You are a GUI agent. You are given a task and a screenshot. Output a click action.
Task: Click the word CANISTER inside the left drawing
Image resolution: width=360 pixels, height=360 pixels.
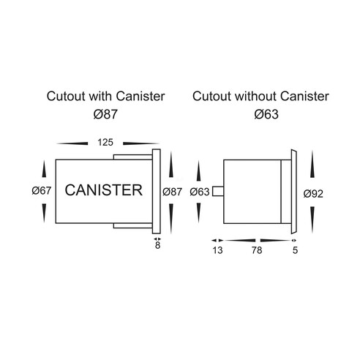coord(104,190)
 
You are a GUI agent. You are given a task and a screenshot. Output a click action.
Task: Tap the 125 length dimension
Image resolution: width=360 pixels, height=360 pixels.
coord(105,142)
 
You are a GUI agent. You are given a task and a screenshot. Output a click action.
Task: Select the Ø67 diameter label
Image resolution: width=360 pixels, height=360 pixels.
coord(42,190)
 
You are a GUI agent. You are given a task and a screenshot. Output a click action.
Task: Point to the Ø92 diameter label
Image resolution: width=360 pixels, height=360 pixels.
coord(313,194)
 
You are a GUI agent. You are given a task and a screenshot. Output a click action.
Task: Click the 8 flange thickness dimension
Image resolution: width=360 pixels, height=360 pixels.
coord(157,246)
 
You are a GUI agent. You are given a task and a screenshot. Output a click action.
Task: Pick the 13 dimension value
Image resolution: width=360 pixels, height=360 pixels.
coord(217,250)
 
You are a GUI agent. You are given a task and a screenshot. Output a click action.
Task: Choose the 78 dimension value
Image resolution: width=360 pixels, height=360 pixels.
coord(257,250)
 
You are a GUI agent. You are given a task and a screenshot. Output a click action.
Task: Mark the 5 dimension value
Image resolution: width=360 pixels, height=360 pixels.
coord(295,250)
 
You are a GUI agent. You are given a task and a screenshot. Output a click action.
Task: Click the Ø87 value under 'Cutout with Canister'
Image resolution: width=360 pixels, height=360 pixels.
coord(105,114)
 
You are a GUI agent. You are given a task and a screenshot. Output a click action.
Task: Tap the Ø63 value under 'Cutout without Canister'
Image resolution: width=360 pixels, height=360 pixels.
coord(266,114)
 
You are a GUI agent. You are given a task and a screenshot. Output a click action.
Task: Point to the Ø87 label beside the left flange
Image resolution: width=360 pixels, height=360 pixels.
coord(172,192)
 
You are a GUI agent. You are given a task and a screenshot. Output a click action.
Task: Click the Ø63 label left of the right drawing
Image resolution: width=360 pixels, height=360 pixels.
coord(200,192)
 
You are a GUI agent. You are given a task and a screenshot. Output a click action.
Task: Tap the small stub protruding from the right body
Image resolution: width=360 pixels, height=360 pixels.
coord(218,191)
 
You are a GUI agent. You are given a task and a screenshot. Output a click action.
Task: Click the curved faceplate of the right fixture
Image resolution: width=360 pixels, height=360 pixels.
coord(294,192)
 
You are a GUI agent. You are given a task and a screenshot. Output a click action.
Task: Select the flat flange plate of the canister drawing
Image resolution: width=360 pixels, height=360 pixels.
coord(157,192)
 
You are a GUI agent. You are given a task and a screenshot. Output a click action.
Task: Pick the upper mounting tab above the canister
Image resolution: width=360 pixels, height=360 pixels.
coord(133,157)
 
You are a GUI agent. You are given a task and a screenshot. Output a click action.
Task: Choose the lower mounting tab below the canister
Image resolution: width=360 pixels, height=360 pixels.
coord(133,225)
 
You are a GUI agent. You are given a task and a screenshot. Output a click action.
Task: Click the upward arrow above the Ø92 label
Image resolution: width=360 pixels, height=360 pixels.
coord(312,164)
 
